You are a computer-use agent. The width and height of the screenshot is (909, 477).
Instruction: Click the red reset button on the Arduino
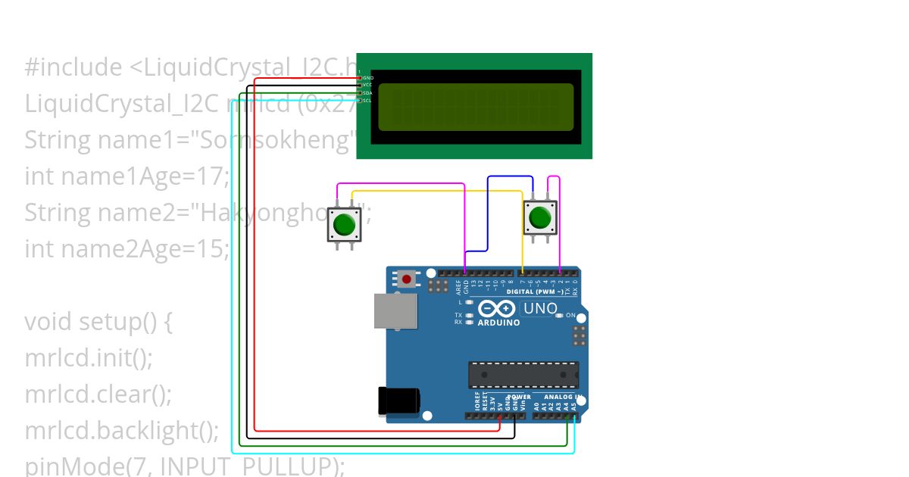coord(408,279)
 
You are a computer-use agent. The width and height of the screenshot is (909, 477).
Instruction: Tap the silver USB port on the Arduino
coord(395,311)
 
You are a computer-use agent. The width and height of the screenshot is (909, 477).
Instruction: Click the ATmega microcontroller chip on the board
coord(523,375)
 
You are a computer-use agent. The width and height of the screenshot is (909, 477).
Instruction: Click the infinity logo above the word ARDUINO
coord(498,309)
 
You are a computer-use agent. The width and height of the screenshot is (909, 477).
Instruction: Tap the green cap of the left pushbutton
coord(344,225)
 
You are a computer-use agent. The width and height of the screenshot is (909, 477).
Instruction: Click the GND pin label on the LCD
coord(368,78)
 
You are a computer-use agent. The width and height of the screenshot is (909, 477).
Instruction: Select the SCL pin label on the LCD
coord(367,100)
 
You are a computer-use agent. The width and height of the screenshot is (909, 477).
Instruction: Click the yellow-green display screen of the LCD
coord(476,106)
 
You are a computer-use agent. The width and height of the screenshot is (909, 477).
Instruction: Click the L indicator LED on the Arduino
coord(470,302)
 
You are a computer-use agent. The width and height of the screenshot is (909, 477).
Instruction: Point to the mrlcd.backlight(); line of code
coord(121,430)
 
